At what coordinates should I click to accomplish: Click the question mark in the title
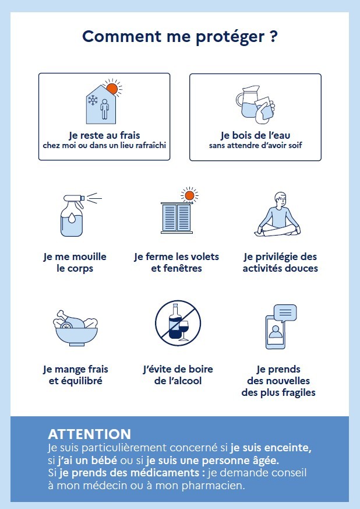pyautogui.click(x=273, y=36)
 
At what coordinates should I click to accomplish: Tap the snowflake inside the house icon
pyautogui.click(x=93, y=100)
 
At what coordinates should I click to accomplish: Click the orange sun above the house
pyautogui.click(x=112, y=88)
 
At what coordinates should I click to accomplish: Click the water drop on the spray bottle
pyautogui.click(x=71, y=216)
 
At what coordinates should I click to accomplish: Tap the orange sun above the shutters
pyautogui.click(x=189, y=195)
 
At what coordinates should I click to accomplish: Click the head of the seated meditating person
pyautogui.click(x=280, y=199)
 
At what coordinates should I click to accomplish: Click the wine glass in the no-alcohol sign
pyautogui.click(x=183, y=330)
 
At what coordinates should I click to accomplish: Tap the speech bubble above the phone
pyautogui.click(x=285, y=313)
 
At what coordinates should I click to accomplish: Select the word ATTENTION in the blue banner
pyautogui.click(x=90, y=434)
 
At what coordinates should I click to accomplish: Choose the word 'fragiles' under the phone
pyautogui.click(x=299, y=392)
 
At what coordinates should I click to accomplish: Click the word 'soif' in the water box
pyautogui.click(x=295, y=145)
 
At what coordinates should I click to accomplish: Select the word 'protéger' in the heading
pyautogui.click(x=230, y=37)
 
